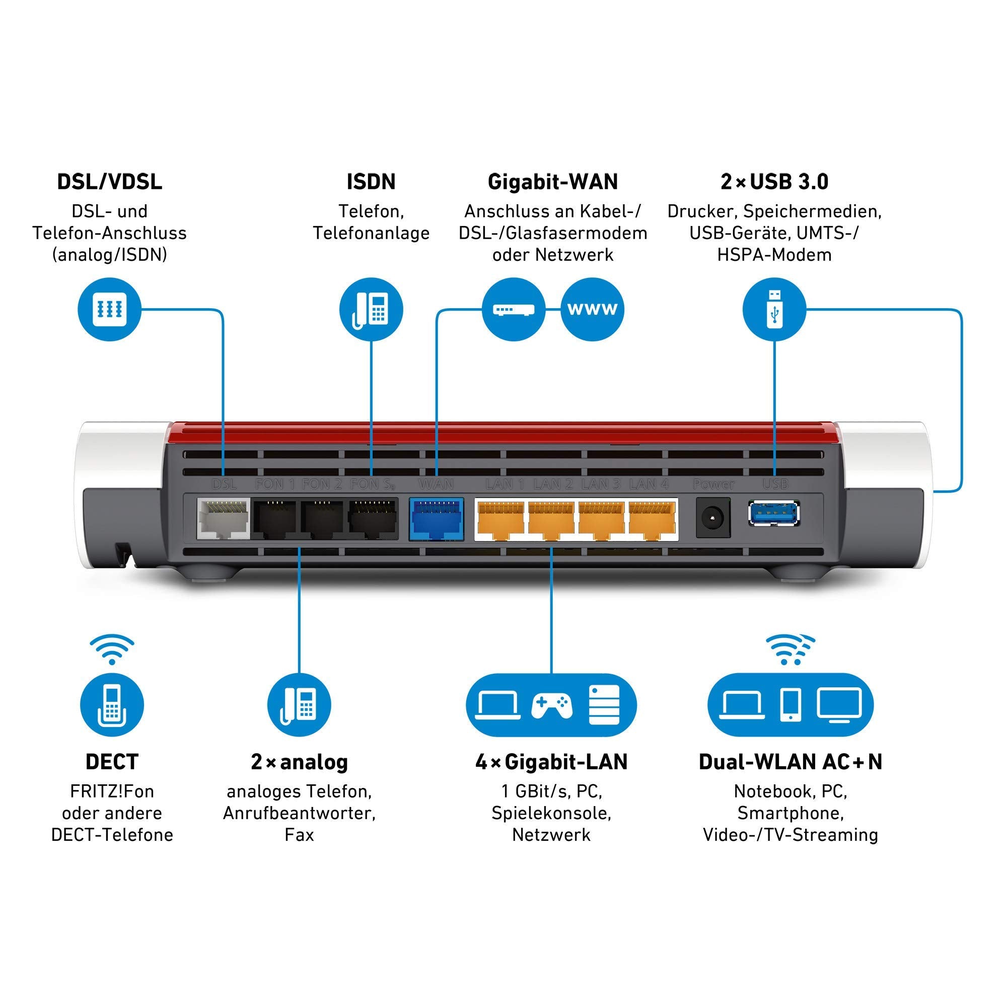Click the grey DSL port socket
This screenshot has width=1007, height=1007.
click(x=223, y=519)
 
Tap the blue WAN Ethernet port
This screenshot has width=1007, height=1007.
click(x=436, y=519)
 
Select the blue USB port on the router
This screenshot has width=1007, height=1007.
click(x=774, y=514)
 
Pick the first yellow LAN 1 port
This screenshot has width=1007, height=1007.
click(x=500, y=519)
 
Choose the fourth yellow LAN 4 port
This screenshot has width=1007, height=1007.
click(x=652, y=519)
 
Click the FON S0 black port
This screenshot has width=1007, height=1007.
click(x=372, y=519)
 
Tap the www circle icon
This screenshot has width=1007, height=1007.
click(x=592, y=309)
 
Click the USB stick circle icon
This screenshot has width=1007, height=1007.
click(x=774, y=309)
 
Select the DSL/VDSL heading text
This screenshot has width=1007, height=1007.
click(x=109, y=182)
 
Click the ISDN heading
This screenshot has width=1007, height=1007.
click(x=371, y=182)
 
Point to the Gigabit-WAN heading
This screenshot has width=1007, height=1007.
click(x=552, y=182)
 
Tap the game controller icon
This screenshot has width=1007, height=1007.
click(x=551, y=706)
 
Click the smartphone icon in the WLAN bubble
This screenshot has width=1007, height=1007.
click(x=790, y=705)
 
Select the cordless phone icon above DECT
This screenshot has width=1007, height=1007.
click(x=112, y=705)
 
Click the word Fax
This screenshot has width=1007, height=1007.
click(x=299, y=835)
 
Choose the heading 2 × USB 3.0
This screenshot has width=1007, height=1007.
click(x=774, y=182)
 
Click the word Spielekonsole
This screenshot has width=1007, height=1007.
click(x=551, y=813)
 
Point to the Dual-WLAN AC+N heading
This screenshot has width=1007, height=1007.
click(x=790, y=762)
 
